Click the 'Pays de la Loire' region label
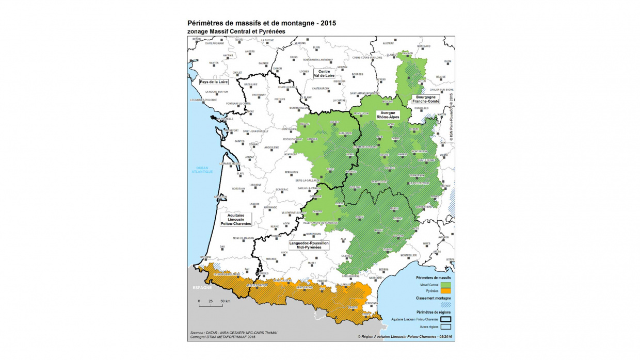[214, 82]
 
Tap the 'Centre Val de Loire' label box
[324, 73]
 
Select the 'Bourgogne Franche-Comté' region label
[426, 100]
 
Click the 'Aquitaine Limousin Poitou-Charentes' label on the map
[235, 219]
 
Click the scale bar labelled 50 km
[211, 305]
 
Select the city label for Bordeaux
[238, 189]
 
